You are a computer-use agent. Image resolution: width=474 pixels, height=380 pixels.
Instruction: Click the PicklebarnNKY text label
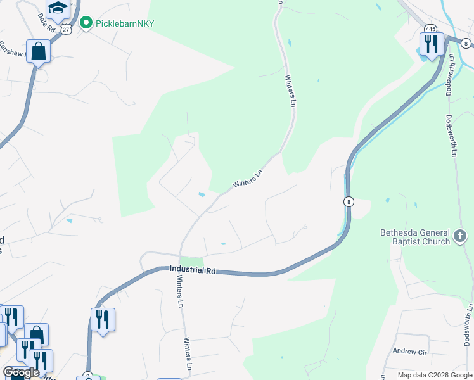click(x=125, y=23)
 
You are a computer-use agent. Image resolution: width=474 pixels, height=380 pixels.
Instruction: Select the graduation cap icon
click(x=58, y=8)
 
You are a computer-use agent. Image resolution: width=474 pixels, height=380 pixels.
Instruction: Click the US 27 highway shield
click(x=67, y=28)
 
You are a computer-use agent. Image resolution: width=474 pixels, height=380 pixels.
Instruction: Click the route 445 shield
click(x=430, y=28)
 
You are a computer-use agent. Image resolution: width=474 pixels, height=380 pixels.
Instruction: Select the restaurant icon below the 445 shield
click(x=431, y=44)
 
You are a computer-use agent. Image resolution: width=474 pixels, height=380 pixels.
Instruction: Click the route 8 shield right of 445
click(x=466, y=44)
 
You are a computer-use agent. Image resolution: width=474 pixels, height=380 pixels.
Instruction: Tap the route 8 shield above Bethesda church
click(x=348, y=201)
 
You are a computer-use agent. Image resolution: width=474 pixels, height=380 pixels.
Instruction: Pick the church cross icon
click(x=460, y=237)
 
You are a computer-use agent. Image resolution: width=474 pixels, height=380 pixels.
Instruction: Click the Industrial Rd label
click(x=193, y=270)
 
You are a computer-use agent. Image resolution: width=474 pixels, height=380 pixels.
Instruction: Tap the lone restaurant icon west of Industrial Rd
click(x=103, y=319)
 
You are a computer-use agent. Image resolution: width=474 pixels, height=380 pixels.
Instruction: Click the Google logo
click(x=20, y=372)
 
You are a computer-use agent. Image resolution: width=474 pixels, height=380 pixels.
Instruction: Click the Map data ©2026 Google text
click(x=435, y=375)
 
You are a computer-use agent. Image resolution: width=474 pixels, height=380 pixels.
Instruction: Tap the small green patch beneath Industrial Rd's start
click(x=191, y=261)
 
